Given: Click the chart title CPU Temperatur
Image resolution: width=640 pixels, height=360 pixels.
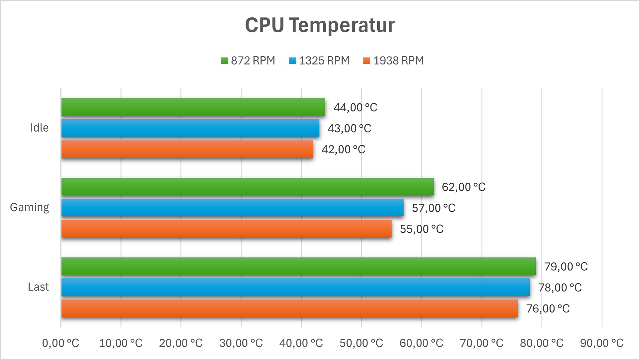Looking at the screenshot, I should click(x=320, y=25).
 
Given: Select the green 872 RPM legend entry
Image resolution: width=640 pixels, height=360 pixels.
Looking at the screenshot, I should click(x=248, y=61).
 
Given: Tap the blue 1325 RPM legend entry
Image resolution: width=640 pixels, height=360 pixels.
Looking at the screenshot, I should click(x=319, y=61).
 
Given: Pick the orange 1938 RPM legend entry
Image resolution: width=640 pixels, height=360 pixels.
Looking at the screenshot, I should click(x=393, y=61).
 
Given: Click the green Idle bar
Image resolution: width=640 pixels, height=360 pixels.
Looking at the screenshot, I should click(x=193, y=107).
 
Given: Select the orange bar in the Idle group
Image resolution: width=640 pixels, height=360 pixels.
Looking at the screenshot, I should click(x=187, y=149).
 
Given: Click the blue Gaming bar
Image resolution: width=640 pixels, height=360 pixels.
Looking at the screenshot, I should click(x=232, y=208).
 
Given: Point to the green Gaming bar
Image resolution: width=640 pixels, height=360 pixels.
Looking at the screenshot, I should click(x=247, y=187).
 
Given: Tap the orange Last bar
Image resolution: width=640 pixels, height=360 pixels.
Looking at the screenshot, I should click(x=289, y=308).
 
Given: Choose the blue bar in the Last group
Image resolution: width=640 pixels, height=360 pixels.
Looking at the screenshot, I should click(x=295, y=287).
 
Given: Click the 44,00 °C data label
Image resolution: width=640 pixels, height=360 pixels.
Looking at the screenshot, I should click(x=355, y=107).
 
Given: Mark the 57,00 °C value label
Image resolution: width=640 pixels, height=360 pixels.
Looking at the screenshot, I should click(x=434, y=208).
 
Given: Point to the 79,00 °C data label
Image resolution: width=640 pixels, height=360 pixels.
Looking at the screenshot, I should click(x=566, y=267).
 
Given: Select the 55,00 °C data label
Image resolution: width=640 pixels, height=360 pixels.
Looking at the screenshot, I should click(x=422, y=229).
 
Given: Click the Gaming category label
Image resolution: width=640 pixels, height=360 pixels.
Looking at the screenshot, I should click(x=29, y=207).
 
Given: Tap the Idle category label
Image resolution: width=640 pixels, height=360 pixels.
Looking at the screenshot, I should click(x=39, y=128).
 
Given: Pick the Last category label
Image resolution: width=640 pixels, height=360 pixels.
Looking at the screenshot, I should click(x=38, y=287).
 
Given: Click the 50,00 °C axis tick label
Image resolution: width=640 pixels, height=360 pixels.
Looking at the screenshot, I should click(x=361, y=343).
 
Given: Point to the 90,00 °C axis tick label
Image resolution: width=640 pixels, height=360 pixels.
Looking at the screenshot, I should click(x=602, y=343).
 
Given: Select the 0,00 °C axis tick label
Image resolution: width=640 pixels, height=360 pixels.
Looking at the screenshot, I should click(x=61, y=343).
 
